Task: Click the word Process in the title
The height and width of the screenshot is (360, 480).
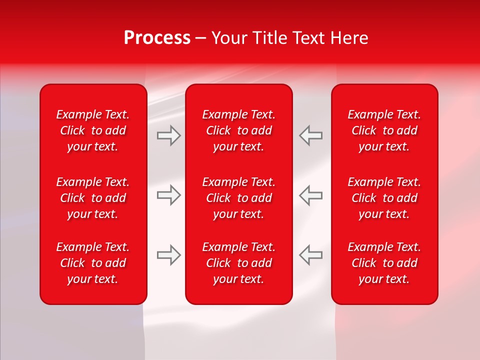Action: point(157,38)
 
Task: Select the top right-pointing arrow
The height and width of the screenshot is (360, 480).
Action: point(168,135)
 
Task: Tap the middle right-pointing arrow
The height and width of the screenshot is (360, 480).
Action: point(168,195)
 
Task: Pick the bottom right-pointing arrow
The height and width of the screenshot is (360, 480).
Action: point(168,255)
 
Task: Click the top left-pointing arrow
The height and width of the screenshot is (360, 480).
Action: point(310,135)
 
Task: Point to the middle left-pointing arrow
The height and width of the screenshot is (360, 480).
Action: point(310,195)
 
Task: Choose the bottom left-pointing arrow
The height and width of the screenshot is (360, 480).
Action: point(310,255)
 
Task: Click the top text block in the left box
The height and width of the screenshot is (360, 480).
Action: point(93,130)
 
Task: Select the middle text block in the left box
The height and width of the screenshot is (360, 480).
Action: point(93,198)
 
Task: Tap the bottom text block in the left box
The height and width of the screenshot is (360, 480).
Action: point(93,263)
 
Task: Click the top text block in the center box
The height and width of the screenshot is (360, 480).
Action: point(239,130)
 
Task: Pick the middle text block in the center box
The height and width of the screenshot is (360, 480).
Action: point(239,198)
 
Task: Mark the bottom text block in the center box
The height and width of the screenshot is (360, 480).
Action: point(239,263)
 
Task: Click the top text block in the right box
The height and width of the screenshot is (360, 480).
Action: point(384,130)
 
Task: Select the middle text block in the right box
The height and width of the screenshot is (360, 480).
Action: point(384,198)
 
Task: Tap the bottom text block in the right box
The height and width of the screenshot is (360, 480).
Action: point(384,263)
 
